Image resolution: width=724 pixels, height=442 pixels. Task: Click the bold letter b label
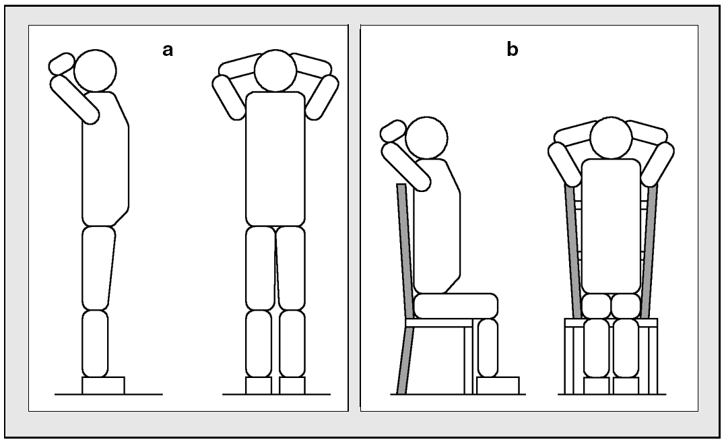tap(513, 50)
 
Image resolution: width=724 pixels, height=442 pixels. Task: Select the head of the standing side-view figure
tap(95, 69)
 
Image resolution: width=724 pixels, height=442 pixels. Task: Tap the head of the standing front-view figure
tap(275, 71)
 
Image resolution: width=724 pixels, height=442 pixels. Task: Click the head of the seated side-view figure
tap(425, 137)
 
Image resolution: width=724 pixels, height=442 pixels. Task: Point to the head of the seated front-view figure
tap(611, 138)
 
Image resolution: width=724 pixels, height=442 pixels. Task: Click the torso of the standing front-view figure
tap(275, 158)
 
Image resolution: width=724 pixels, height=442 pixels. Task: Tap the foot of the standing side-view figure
tap(103, 385)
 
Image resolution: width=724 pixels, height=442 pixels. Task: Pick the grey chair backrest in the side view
tap(406, 249)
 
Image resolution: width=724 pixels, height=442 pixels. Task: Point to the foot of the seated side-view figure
tap(497, 385)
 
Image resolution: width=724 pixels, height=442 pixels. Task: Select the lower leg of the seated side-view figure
tap(487, 347)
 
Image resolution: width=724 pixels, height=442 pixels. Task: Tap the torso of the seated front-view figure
tap(610, 226)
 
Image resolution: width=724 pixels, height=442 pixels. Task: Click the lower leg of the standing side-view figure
tap(95, 343)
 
